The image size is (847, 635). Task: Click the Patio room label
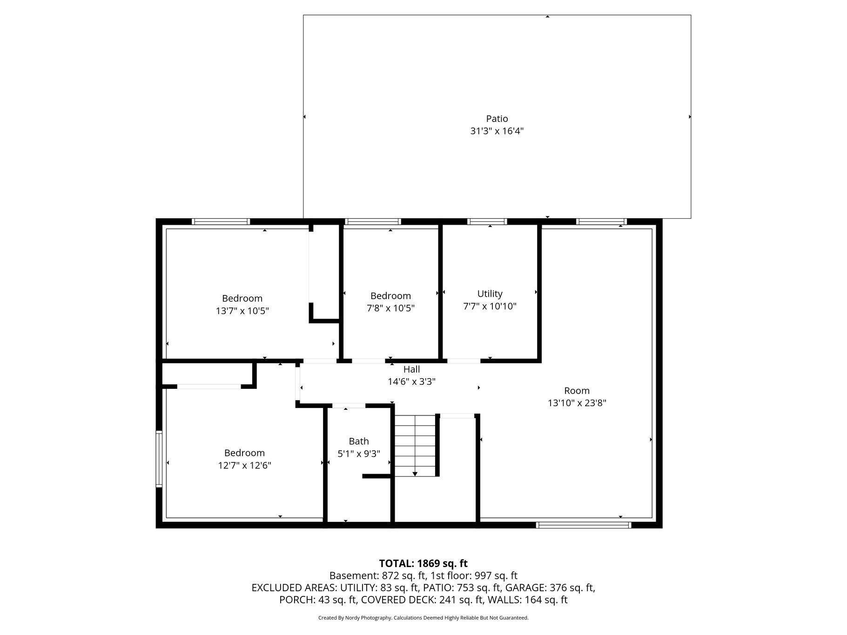pyautogui.click(x=497, y=119)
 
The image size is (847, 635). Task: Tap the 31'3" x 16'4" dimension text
pyautogui.click(x=497, y=131)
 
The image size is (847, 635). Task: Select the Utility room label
pyautogui.click(x=490, y=294)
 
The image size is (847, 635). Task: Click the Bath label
pyautogui.click(x=359, y=441)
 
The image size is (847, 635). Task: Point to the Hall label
pyautogui.click(x=411, y=369)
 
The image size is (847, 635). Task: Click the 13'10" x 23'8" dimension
pyautogui.click(x=577, y=403)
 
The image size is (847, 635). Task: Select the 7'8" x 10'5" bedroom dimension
pyautogui.click(x=390, y=308)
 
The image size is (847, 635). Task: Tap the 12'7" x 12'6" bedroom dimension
pyautogui.click(x=244, y=465)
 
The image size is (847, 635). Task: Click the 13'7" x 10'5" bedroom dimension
pyautogui.click(x=242, y=311)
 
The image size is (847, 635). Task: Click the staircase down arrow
pyautogui.click(x=415, y=473)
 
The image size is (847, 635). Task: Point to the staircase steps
pyautogui.click(x=415, y=442)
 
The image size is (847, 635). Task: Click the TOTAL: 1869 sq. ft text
pyautogui.click(x=423, y=563)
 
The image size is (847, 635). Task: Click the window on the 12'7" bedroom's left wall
pyautogui.click(x=159, y=459)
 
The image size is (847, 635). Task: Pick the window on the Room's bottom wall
pyautogui.click(x=583, y=525)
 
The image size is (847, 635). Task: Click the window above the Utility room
pyautogui.click(x=487, y=222)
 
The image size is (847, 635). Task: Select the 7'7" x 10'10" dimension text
pyautogui.click(x=490, y=306)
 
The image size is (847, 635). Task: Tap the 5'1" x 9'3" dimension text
pyautogui.click(x=359, y=454)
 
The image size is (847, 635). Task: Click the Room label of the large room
pyautogui.click(x=577, y=391)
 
